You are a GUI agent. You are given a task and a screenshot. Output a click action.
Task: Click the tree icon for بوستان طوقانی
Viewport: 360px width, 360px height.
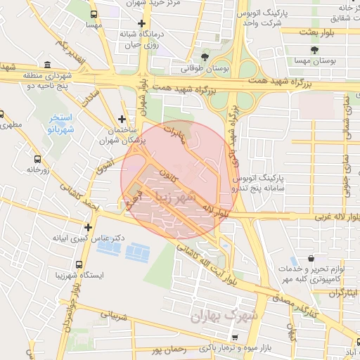(205, 56)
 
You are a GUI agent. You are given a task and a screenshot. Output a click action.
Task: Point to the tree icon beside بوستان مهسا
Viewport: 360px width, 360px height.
(313, 49)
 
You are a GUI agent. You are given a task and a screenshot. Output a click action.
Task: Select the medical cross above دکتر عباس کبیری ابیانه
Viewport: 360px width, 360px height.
(88, 227)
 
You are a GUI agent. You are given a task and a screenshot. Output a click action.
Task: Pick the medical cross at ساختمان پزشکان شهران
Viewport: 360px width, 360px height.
(122, 119)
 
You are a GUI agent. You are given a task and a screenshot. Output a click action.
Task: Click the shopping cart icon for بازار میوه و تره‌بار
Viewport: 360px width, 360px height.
(243, 337)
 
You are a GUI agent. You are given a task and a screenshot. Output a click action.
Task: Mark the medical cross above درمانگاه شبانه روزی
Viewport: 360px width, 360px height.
(142, 23)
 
